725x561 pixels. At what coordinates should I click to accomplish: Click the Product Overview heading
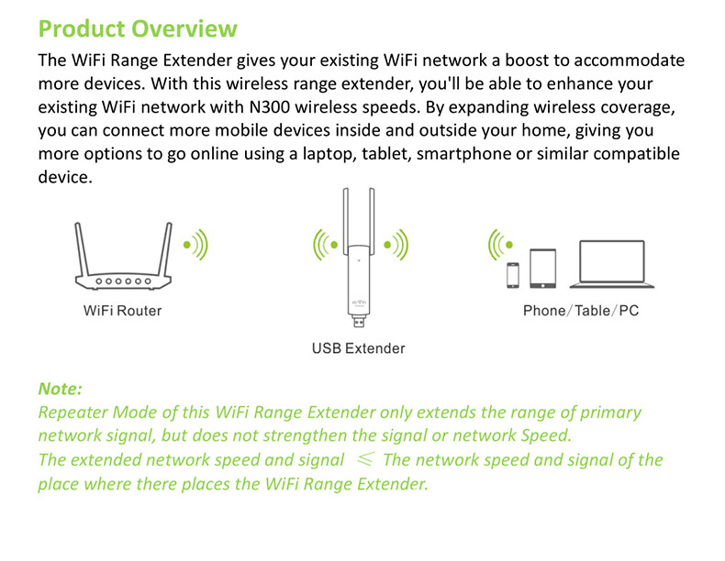(x=138, y=28)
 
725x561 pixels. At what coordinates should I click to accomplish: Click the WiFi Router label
(x=123, y=311)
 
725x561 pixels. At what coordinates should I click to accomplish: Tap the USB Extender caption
(x=358, y=348)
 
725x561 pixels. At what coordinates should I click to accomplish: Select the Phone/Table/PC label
(x=581, y=311)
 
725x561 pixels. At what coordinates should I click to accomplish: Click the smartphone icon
(x=513, y=275)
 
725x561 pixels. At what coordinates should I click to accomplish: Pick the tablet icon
(x=542, y=269)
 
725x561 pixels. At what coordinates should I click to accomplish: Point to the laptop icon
(x=612, y=264)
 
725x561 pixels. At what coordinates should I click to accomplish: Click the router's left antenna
(x=82, y=249)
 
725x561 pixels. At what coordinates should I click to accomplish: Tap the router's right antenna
(x=165, y=249)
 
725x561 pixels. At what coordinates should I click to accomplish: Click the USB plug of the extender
(x=359, y=321)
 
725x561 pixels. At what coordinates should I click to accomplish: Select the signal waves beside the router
(x=195, y=245)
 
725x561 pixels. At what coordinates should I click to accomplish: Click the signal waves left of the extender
(x=326, y=245)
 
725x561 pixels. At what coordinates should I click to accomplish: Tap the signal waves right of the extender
(x=396, y=245)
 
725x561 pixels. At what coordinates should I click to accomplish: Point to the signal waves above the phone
(x=500, y=245)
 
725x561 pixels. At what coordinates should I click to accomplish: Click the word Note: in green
(x=60, y=389)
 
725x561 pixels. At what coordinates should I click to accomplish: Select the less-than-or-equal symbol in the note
(x=365, y=459)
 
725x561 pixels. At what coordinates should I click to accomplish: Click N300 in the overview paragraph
(x=270, y=107)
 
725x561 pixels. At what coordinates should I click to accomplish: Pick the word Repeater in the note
(x=73, y=412)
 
